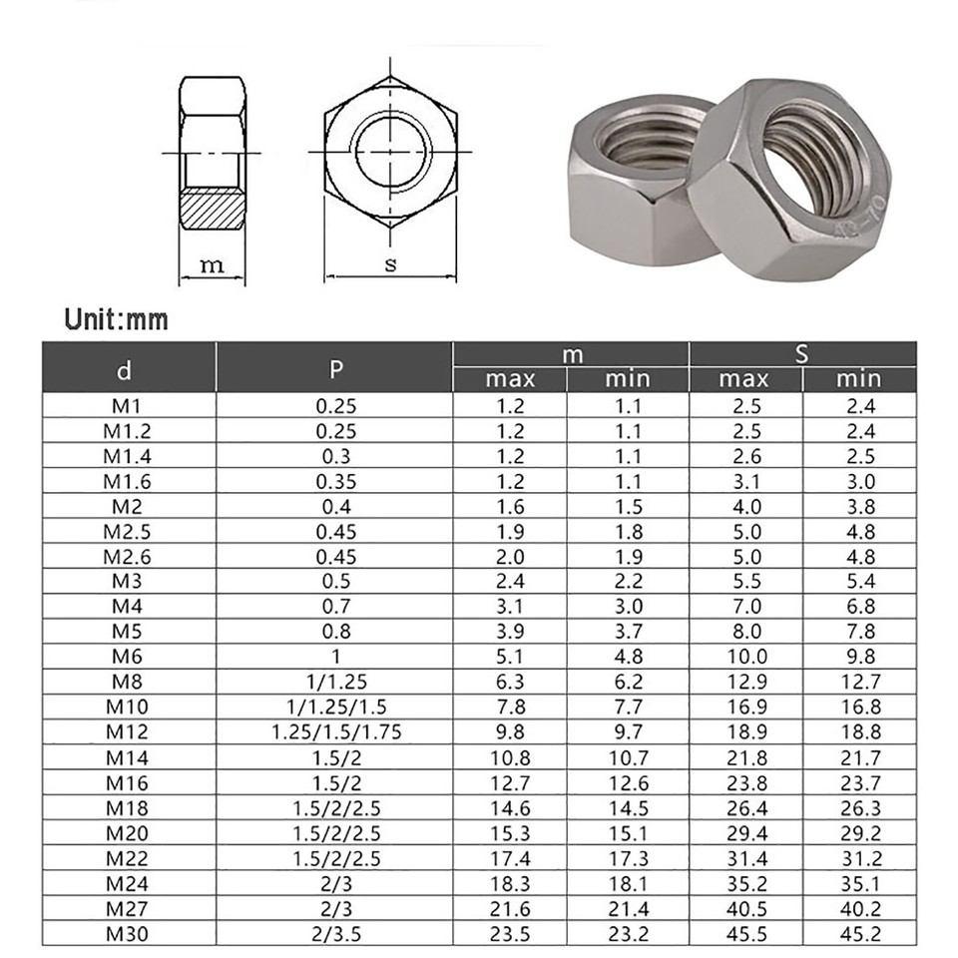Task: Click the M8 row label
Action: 123,682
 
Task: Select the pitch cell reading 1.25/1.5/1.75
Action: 336,732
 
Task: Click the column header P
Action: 336,368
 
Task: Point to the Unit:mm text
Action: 116,319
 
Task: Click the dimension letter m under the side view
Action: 212,264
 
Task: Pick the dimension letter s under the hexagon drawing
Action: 390,264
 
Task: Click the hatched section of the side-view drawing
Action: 212,210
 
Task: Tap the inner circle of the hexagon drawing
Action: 390,152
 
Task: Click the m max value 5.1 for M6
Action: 510,657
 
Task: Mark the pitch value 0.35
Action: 336,480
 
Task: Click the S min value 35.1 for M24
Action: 858,883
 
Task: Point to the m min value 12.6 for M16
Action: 628,782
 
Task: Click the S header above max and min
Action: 801,354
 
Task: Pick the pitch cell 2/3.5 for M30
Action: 336,934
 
